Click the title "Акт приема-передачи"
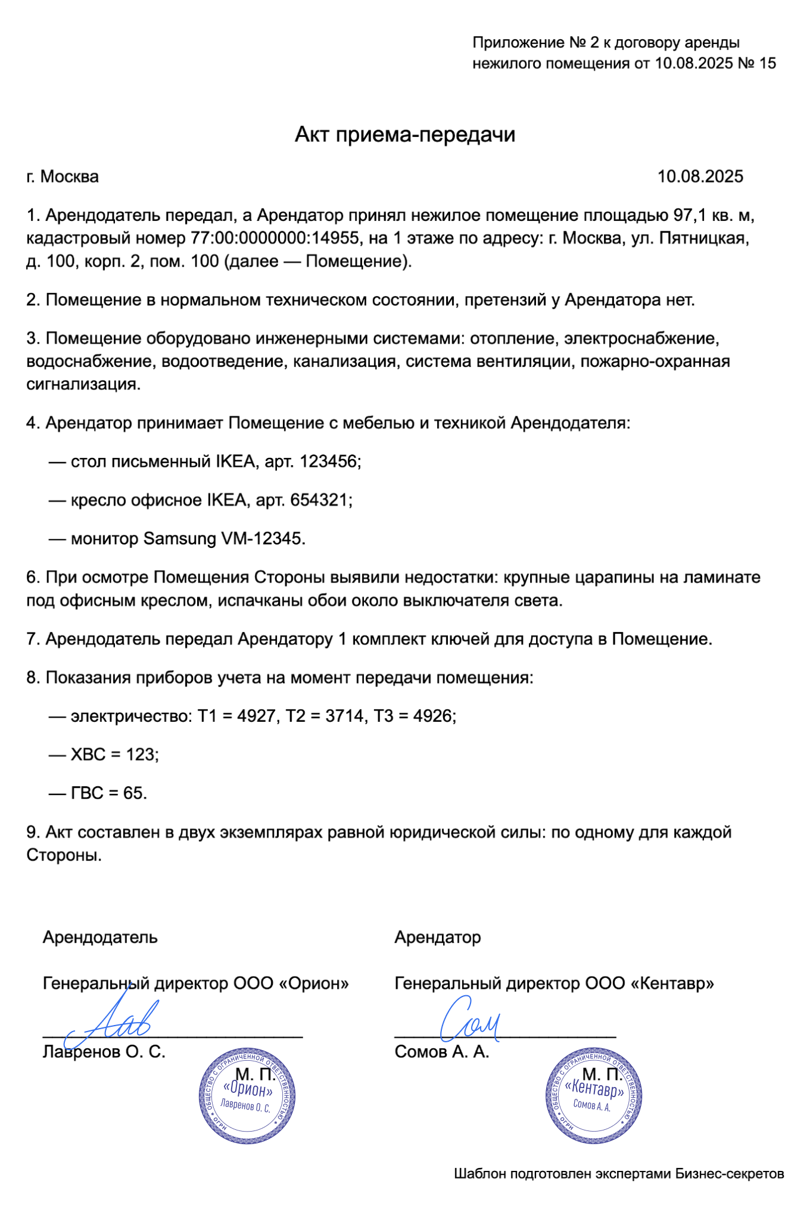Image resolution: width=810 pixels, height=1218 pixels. coord(404,135)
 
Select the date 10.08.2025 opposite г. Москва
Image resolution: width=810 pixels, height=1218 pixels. coord(700,176)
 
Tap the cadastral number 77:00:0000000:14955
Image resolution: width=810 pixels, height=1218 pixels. coord(275,238)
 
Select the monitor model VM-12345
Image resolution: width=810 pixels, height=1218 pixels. coord(263,538)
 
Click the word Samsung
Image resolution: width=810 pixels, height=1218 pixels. coord(180,538)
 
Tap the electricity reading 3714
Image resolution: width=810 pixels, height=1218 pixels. coord(345,715)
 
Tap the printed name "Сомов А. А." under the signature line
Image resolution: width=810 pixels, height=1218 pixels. coord(441,1052)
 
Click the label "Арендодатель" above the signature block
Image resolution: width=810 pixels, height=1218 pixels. coord(100,937)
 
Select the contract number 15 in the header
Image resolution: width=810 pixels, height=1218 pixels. coord(768,63)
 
